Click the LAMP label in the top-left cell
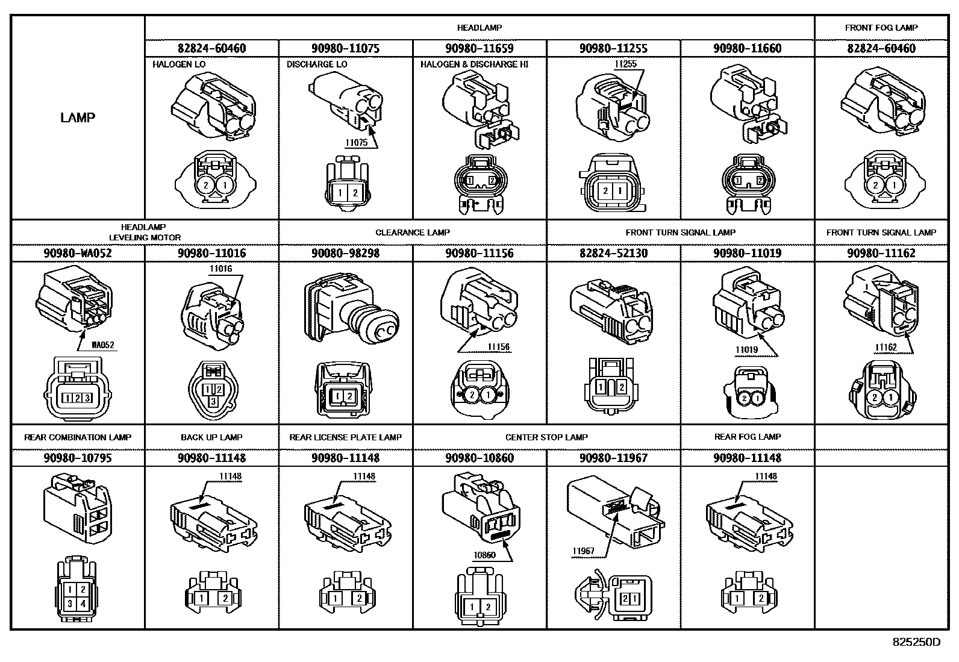coord(78,117)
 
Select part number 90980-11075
coord(346,48)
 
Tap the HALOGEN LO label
coord(179,64)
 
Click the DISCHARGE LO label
coord(317,64)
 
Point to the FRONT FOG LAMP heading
coord(881,28)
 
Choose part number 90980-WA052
coord(78,253)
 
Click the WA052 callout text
coord(103,345)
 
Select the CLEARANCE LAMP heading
coord(412,233)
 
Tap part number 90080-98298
coord(346,253)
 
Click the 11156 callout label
coord(499,347)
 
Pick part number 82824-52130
coord(613,253)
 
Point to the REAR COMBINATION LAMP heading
coord(78,437)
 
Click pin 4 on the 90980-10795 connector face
coord(83,604)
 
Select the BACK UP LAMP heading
coord(211,437)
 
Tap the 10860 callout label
coord(484,555)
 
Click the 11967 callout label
coord(583,551)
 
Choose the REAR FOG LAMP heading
coord(748,437)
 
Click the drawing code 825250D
coord(916,642)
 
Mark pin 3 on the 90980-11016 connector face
coord(213,402)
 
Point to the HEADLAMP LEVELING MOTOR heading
coord(145,232)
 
